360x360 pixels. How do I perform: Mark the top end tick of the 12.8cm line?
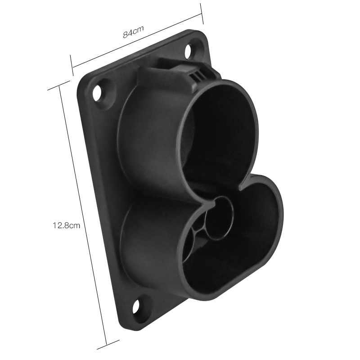(59, 87)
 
